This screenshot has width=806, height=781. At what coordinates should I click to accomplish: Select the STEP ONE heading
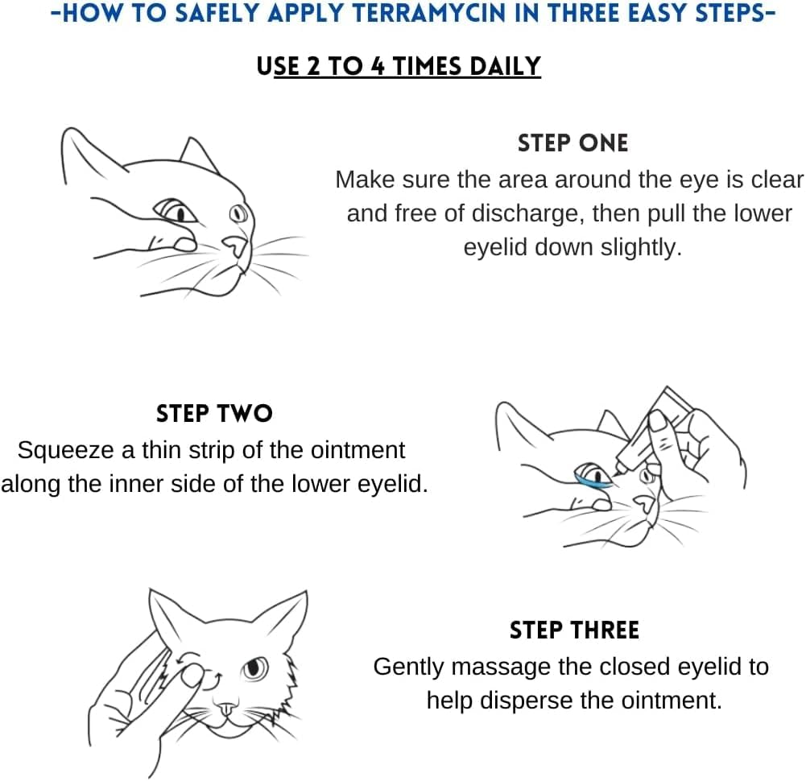coord(572,143)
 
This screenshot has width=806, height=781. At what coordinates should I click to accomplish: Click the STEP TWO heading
coord(214,414)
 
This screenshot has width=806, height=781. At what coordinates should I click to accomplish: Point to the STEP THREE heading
coord(574,630)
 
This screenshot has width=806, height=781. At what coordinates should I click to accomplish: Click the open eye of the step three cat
coord(255,667)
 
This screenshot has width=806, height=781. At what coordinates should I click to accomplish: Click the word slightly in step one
coord(641,247)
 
